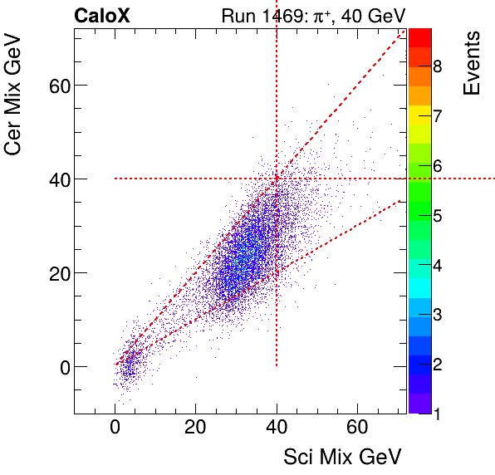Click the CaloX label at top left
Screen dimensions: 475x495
pos(101,15)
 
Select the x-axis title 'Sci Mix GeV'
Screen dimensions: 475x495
pos(343,456)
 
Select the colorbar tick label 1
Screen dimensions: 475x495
pos(437,413)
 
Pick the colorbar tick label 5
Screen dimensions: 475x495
pos(437,216)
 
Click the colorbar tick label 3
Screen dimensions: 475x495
pos(437,315)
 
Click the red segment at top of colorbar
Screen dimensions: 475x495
pos(419,37)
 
